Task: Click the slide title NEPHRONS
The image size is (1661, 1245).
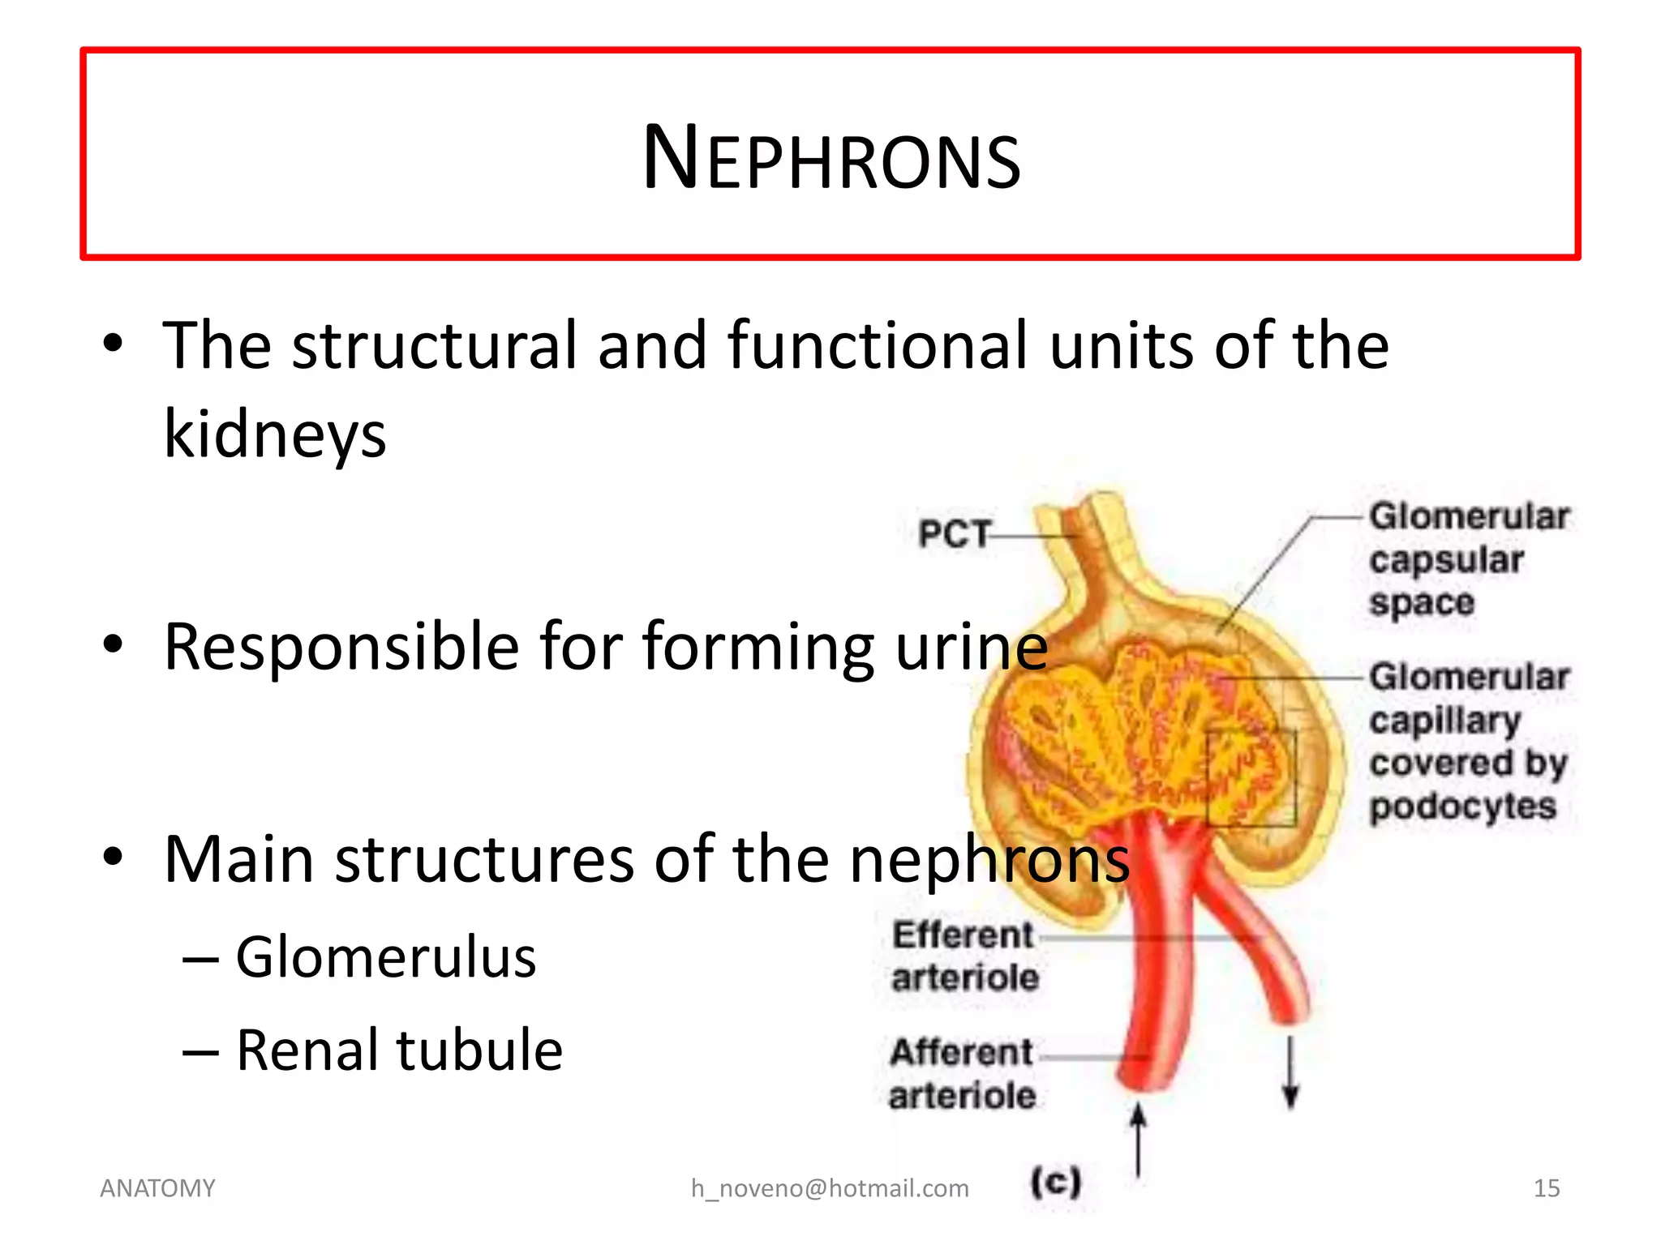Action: pyautogui.click(x=830, y=157)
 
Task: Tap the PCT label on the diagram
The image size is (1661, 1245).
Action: pyautogui.click(x=954, y=534)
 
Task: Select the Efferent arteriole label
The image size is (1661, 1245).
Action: pyautogui.click(x=964, y=956)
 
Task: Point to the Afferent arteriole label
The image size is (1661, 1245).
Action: pyautogui.click(x=962, y=1074)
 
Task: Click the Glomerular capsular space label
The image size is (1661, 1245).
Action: pyautogui.click(x=1468, y=559)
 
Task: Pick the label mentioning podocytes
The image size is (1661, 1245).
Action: pyautogui.click(x=1468, y=741)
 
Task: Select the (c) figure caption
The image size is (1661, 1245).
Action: pyautogui.click(x=1055, y=1182)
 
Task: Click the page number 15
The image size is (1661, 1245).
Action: pyautogui.click(x=1546, y=1188)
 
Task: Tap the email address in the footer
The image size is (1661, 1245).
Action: pyautogui.click(x=830, y=1188)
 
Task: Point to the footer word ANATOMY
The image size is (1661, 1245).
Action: pyautogui.click(x=157, y=1188)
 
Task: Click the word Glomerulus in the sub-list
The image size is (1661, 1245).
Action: pyautogui.click(x=385, y=957)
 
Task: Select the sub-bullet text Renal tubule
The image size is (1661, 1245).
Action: pyautogui.click(x=399, y=1050)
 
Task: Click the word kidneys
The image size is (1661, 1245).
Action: pyautogui.click(x=275, y=434)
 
